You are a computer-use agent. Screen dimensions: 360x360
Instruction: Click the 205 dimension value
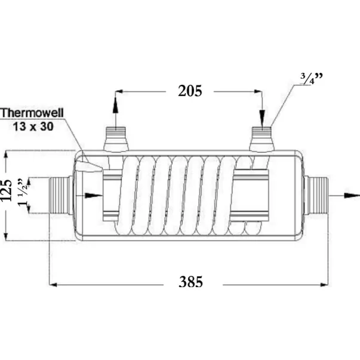click(190, 91)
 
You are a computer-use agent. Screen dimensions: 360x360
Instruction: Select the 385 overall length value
click(191, 282)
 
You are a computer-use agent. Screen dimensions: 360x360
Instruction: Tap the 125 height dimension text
click(6, 190)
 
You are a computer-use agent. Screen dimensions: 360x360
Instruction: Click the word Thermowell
click(32, 113)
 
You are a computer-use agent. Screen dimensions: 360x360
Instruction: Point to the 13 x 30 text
click(33, 127)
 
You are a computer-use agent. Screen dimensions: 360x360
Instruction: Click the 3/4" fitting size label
click(312, 79)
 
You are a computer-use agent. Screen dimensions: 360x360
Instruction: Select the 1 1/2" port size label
click(24, 192)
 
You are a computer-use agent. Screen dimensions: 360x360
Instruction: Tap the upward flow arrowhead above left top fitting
click(115, 107)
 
